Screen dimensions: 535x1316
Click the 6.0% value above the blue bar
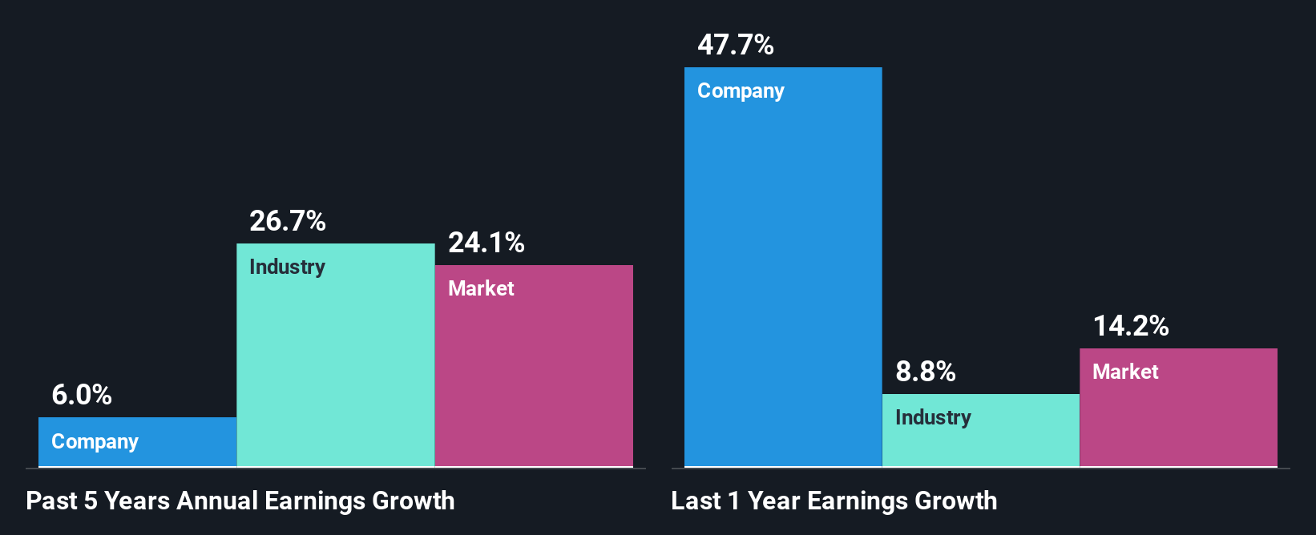tap(82, 395)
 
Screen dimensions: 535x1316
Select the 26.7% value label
tap(288, 221)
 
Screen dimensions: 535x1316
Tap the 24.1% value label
tap(486, 243)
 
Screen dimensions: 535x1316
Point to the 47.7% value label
tap(736, 45)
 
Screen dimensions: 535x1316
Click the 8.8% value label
tap(926, 372)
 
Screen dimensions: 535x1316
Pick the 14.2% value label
tap(1131, 326)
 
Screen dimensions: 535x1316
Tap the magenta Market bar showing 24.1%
tap(534, 376)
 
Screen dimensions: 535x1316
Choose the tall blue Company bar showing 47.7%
tap(783, 280)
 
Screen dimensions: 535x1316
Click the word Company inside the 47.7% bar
tap(741, 91)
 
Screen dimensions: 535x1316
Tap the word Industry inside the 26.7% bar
tap(287, 267)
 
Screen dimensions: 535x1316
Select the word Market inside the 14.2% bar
tap(1125, 372)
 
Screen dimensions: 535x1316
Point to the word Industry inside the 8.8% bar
tap(933, 417)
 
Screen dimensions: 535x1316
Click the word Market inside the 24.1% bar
tap(481, 288)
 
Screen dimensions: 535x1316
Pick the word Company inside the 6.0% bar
tap(95, 441)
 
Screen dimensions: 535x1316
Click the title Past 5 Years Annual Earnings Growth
tap(240, 501)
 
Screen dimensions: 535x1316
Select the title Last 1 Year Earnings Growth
tap(834, 501)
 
